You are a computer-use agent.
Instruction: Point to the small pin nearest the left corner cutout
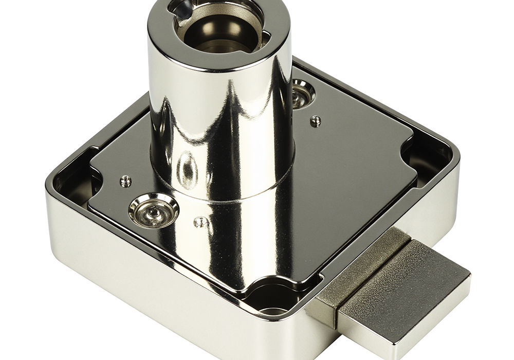[124, 180]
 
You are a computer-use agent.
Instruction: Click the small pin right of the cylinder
[316, 121]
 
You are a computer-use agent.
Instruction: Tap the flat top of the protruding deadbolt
[406, 278]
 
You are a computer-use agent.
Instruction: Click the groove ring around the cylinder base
[226, 190]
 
